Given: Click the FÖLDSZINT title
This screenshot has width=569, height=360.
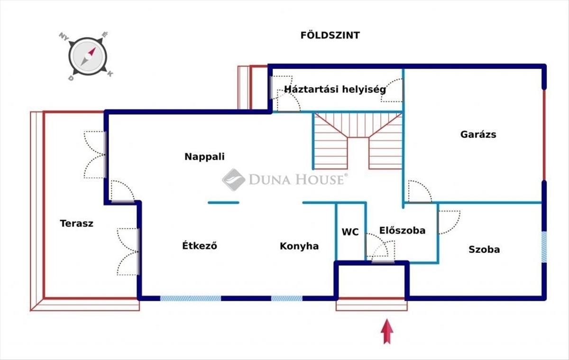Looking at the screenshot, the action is (x=330, y=35).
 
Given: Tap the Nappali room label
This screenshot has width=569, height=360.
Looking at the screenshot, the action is (x=204, y=157).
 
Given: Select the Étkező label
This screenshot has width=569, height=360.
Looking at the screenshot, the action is (x=200, y=245).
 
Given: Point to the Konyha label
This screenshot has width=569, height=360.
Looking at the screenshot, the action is (x=299, y=246).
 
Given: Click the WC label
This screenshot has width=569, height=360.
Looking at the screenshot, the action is (x=350, y=232).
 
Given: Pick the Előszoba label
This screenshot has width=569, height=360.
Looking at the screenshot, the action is (x=403, y=230).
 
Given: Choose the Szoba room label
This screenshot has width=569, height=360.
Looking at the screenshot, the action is (x=484, y=249).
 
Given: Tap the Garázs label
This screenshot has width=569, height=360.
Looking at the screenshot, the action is (x=478, y=134).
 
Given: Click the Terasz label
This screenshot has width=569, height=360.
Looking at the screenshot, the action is (x=76, y=223).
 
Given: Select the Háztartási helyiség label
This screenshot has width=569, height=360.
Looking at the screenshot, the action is (x=335, y=89).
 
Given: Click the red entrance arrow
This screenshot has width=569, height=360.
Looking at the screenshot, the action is (x=387, y=331).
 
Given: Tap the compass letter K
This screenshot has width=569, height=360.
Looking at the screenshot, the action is (x=110, y=74).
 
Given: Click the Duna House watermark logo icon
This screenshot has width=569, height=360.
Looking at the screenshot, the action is (x=234, y=179).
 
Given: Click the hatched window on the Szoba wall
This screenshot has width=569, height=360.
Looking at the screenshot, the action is (x=544, y=247).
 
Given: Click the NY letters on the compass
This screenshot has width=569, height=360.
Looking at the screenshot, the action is (x=64, y=37).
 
